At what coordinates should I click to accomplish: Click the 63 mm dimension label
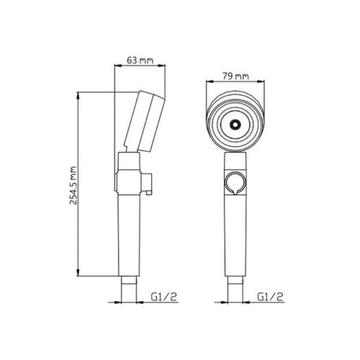(140, 60)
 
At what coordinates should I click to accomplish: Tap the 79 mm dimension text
(235, 76)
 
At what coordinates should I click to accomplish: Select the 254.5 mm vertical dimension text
(73, 185)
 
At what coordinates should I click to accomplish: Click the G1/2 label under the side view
(164, 297)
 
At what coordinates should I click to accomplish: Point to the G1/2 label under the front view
(270, 297)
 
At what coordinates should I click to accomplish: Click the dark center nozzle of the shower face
(235, 125)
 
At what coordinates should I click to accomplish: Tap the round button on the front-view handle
(235, 183)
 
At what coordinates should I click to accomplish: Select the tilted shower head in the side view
(145, 121)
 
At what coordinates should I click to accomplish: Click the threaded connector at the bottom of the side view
(129, 289)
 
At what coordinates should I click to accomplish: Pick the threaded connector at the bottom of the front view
(235, 289)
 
